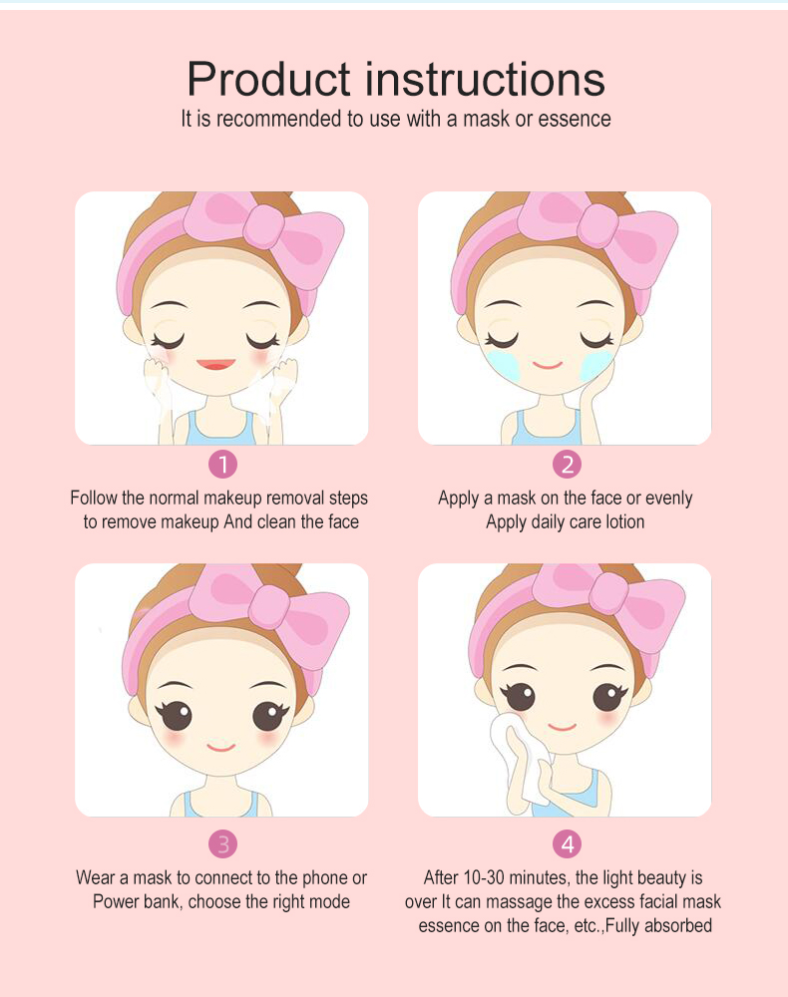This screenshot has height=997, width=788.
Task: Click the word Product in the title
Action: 267,80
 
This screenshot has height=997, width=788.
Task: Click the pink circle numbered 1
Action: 222,465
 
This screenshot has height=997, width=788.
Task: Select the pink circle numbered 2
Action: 567,465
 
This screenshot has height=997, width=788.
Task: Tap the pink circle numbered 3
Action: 222,844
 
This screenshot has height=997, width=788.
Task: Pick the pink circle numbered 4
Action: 567,844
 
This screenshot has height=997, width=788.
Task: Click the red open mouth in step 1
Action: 216,364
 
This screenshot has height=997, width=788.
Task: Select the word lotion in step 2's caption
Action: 624,522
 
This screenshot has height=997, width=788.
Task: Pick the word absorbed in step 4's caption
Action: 677,926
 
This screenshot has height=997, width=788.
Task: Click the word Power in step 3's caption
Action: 113,902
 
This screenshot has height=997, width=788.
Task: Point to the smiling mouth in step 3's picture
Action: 221,747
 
